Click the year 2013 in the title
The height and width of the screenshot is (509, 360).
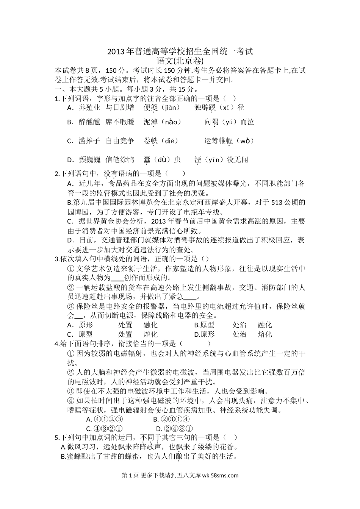(x=116, y=52)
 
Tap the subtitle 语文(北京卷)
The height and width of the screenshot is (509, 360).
(x=180, y=61)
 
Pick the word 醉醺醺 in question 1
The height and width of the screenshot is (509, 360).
(x=89, y=122)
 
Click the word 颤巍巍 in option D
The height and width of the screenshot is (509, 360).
(x=89, y=160)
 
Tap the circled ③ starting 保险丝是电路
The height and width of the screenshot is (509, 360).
(x=70, y=306)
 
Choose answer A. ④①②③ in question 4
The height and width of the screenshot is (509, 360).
(x=104, y=419)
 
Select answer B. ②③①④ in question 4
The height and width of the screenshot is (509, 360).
(x=171, y=419)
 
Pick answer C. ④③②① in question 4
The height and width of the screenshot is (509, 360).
(x=104, y=429)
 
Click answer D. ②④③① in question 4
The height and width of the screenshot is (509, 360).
(x=171, y=429)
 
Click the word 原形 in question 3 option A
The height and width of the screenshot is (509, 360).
(x=86, y=325)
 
